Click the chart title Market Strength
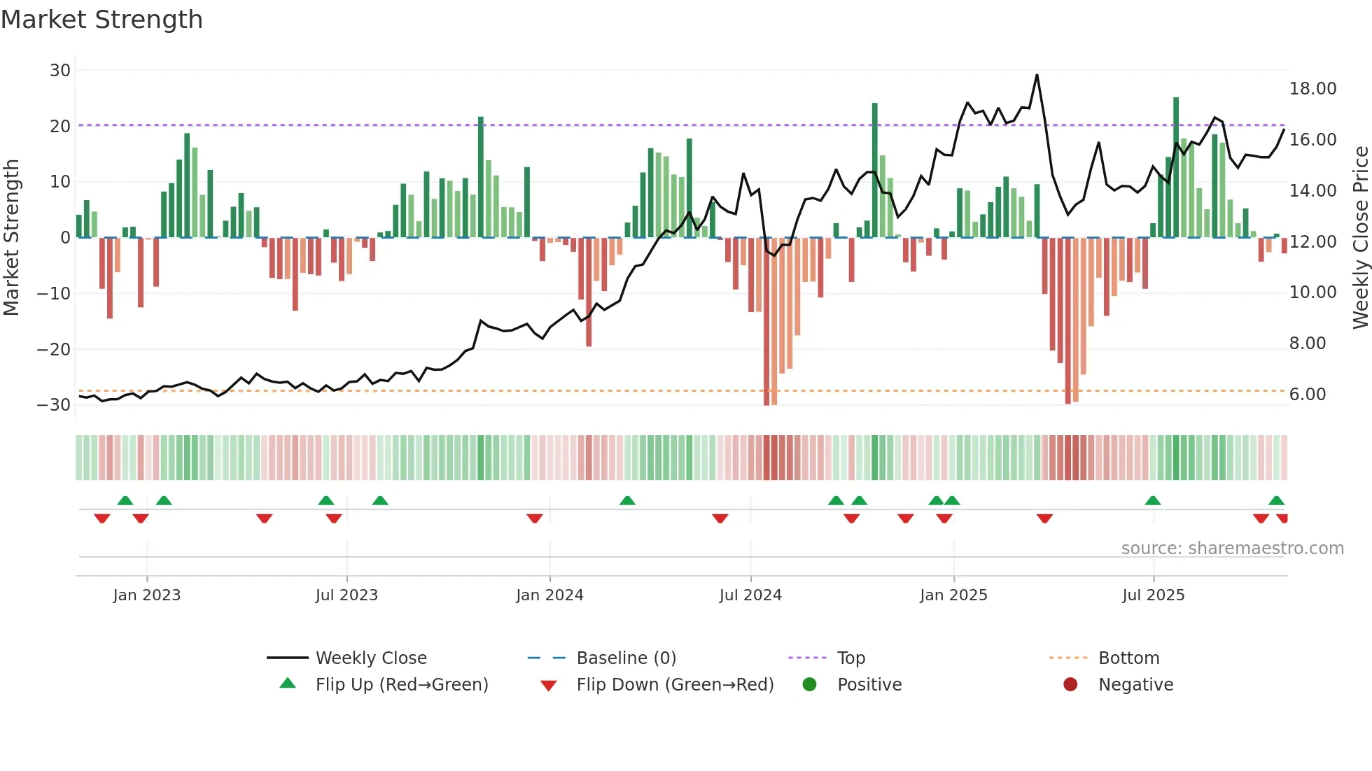tap(101, 20)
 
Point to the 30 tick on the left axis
tap(60, 70)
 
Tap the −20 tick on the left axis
tap(55, 349)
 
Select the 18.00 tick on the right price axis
tap(1312, 89)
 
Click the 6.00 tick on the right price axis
tap(1308, 395)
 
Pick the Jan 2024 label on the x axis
tap(549, 595)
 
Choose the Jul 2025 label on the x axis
tap(1153, 595)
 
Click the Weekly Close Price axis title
tap(1360, 238)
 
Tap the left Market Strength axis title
tap(11, 238)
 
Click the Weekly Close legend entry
tap(370, 658)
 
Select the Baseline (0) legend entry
tap(626, 658)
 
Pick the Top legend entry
tap(850, 658)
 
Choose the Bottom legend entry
tap(1128, 658)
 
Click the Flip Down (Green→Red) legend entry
tap(675, 685)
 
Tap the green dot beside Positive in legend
tap(809, 685)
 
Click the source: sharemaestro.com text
tap(1232, 549)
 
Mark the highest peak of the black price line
tap(1037, 75)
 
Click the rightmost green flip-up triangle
tap(1276, 501)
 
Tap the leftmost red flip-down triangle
tap(102, 518)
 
